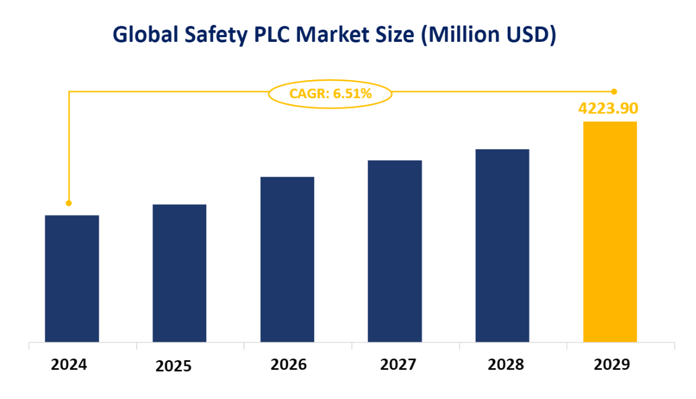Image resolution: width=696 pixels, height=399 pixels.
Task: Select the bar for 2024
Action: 71,278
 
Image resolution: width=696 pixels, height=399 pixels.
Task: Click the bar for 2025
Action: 180,273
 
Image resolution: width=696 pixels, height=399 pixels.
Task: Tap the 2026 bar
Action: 287,259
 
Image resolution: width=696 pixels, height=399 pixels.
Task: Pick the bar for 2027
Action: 394,251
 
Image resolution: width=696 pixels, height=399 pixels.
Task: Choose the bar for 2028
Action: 502,245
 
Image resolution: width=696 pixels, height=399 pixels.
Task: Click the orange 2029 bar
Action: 610,231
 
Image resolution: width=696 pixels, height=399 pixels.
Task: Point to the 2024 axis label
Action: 69,365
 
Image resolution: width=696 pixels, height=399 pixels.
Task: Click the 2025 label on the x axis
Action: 174,366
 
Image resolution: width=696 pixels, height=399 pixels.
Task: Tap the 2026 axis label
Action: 288,365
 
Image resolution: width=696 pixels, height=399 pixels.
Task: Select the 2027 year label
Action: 398,365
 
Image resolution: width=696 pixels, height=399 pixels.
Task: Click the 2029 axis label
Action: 612,365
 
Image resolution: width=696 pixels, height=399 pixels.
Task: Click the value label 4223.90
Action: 608,109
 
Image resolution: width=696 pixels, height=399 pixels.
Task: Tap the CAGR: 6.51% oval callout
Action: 330,92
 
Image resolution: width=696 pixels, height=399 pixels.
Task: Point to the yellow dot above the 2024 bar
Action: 69,203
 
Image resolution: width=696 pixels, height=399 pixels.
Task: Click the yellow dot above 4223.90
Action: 614,91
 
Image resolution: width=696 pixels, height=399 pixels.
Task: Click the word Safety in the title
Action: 214,36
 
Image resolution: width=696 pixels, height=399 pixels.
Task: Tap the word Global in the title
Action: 145,35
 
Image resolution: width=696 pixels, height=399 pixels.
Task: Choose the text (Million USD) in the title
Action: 489,35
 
